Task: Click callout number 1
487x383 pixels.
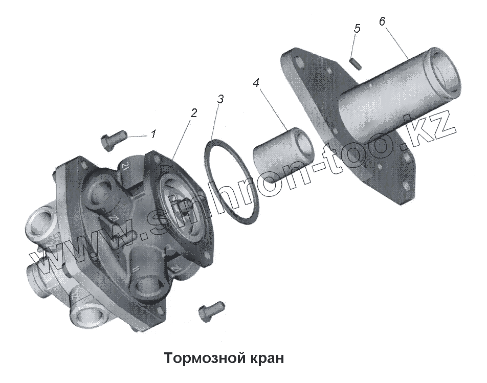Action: point(153,134)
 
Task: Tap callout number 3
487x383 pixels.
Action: point(220,99)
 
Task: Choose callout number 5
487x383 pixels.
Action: point(357,28)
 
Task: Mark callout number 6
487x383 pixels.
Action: point(382,21)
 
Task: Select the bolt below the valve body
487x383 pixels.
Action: point(210,308)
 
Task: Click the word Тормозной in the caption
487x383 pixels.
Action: point(200,357)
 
